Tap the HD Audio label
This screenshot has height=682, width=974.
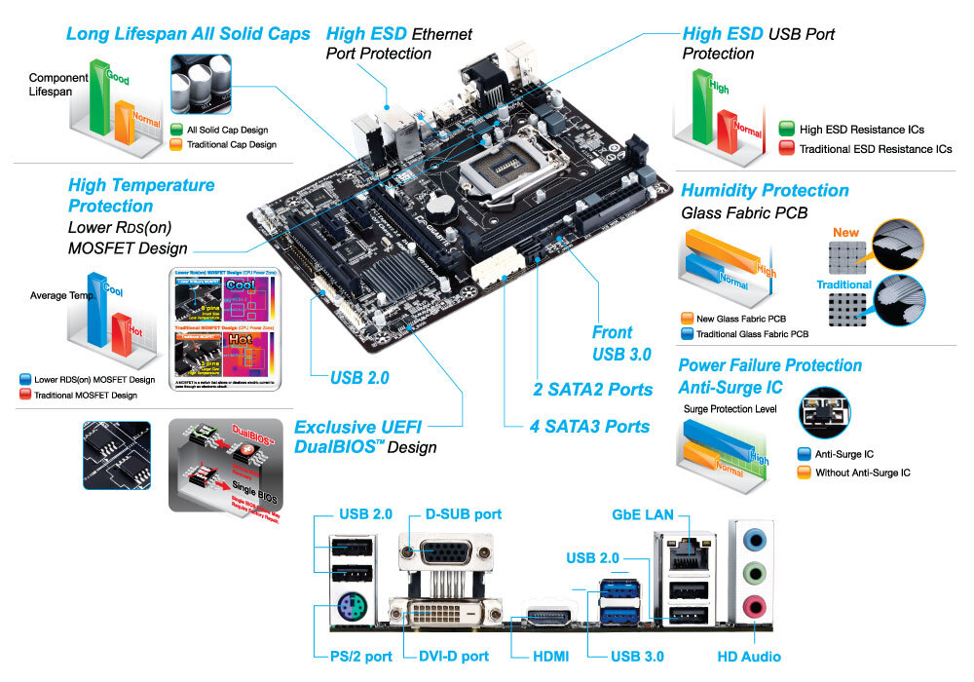pyautogui.click(x=749, y=657)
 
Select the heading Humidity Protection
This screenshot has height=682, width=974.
pyautogui.click(x=765, y=190)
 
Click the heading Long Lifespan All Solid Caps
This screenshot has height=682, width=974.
pyautogui.click(x=188, y=34)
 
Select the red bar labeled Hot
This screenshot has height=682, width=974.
pyautogui.click(x=120, y=331)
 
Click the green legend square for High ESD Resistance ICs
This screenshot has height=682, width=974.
pyautogui.click(x=787, y=130)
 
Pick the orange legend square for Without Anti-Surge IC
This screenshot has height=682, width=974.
pyautogui.click(x=804, y=473)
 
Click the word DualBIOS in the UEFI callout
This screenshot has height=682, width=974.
pyautogui.click(x=332, y=447)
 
